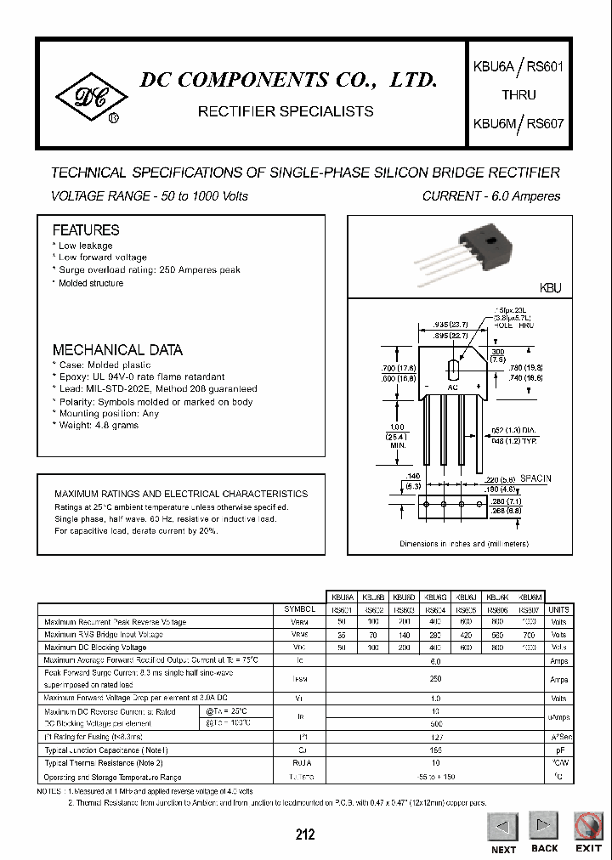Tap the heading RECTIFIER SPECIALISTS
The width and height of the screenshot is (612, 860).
click(285, 111)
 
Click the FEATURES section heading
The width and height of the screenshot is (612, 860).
click(86, 230)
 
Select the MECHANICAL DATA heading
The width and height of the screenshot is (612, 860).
click(117, 350)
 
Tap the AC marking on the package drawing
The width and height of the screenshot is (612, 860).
click(452, 388)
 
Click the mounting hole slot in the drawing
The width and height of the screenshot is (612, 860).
click(452, 371)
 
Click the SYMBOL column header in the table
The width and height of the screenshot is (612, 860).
click(299, 609)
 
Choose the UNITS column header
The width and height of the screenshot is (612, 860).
click(559, 609)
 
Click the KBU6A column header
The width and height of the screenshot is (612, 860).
click(341, 597)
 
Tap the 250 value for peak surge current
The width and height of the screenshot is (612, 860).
click(435, 679)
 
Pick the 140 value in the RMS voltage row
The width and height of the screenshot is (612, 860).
click(405, 635)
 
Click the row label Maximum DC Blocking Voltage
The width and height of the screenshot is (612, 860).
click(95, 648)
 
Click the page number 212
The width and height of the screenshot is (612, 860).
click(305, 835)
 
